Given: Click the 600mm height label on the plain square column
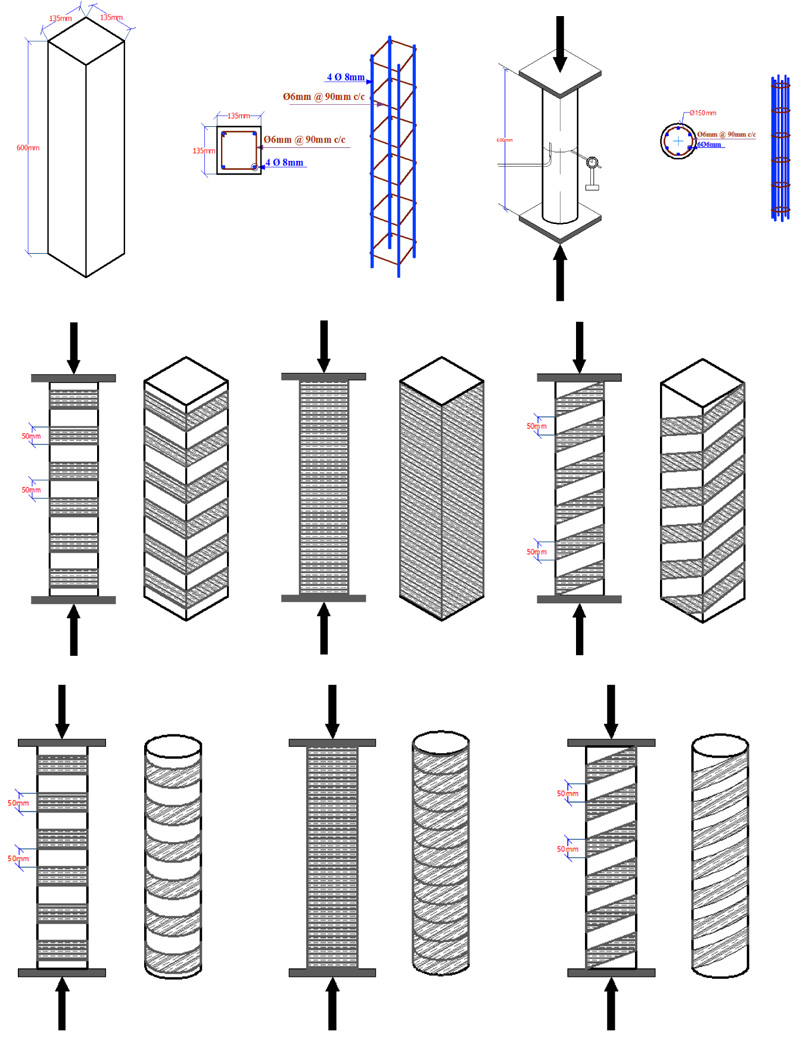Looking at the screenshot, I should pyautogui.click(x=22, y=147).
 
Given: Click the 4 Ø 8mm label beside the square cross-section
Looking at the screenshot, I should pyautogui.click(x=284, y=162).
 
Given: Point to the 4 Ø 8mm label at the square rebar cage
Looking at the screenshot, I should pyautogui.click(x=344, y=75).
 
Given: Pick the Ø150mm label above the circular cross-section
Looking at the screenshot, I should pyautogui.click(x=702, y=113).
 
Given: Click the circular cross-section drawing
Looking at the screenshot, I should pyautogui.click(x=678, y=142).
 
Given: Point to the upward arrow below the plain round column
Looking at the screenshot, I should pyautogui.click(x=560, y=270).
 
